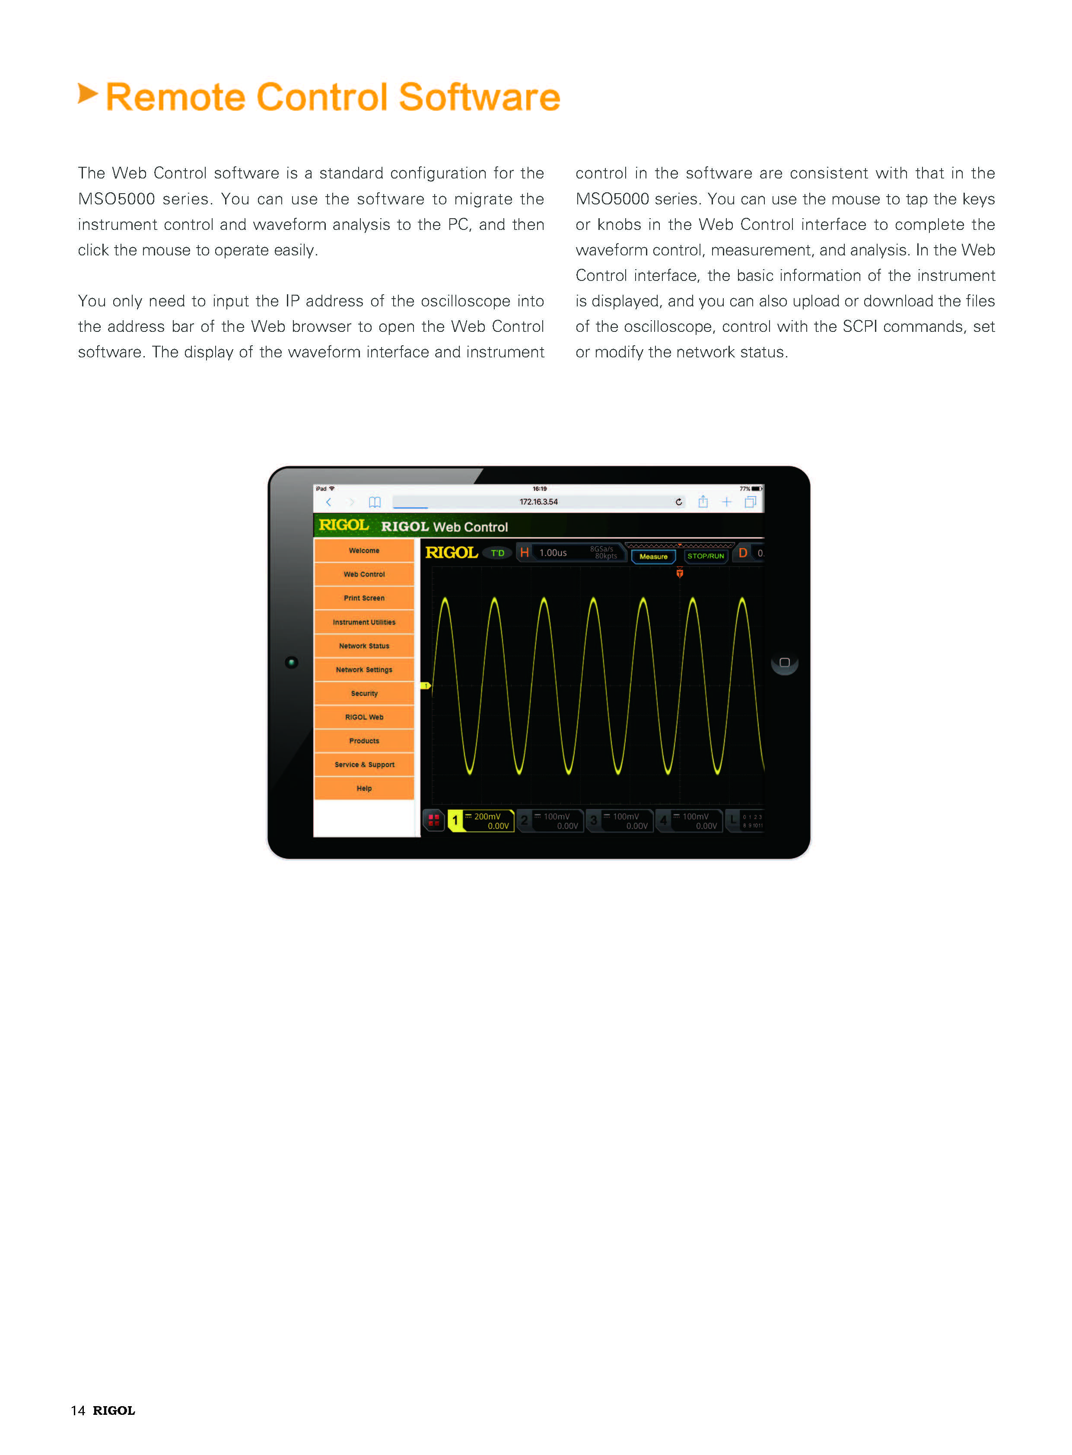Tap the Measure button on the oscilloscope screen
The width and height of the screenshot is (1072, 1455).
point(653,556)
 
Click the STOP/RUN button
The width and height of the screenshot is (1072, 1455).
point(705,556)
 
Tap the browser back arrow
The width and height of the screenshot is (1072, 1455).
point(329,502)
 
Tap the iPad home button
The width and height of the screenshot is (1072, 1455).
point(784,662)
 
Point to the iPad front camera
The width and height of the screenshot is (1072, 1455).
point(291,662)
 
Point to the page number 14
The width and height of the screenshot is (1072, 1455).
point(78,1410)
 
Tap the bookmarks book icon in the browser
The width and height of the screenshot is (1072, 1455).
point(375,502)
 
